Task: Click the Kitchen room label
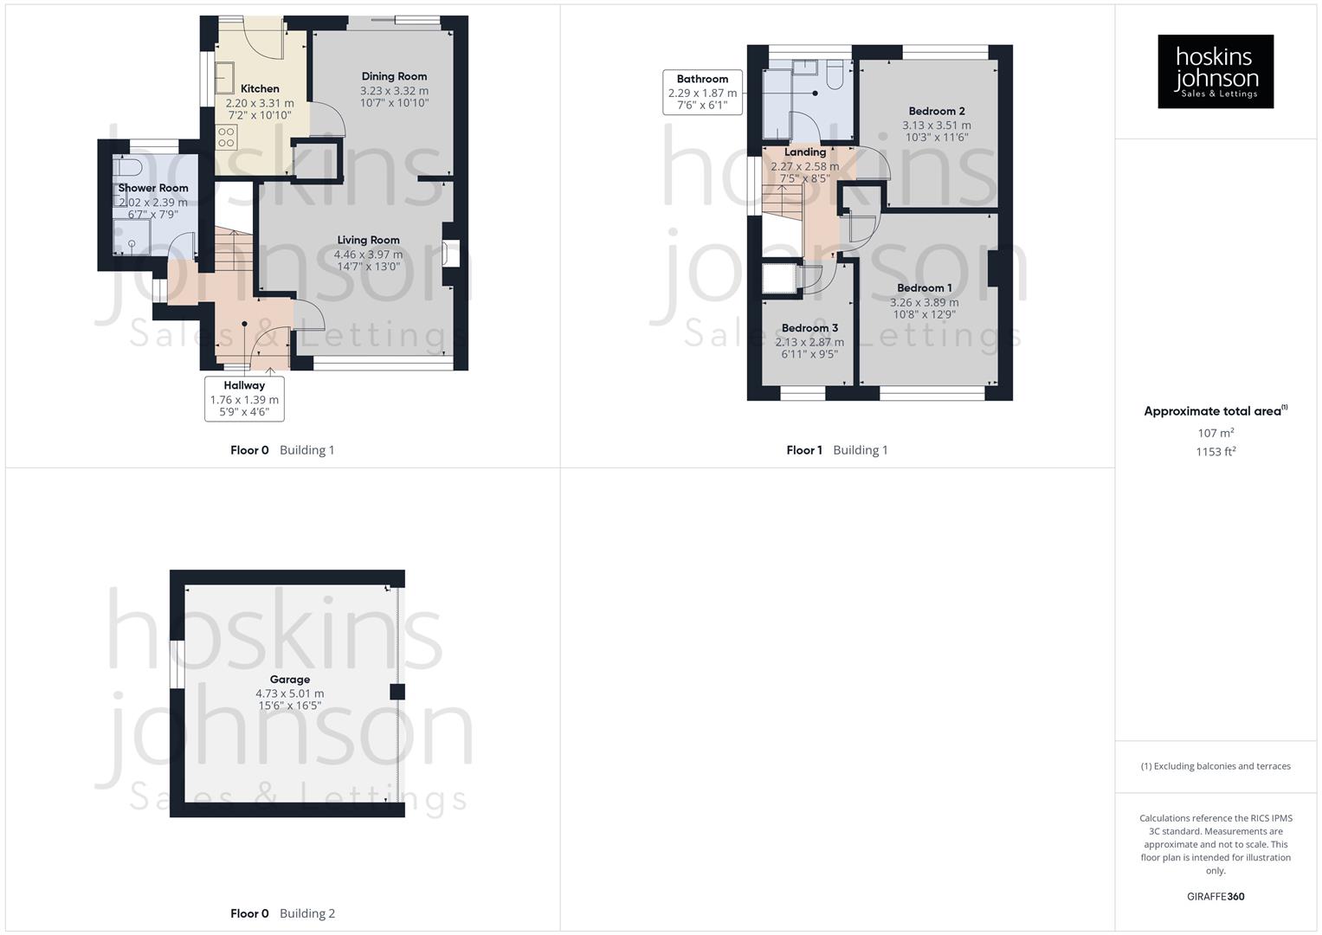point(260,88)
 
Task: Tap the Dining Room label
point(394,76)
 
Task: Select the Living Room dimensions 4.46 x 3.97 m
point(368,255)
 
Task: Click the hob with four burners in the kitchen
point(226,137)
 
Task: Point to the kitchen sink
point(224,79)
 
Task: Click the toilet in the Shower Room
point(127,167)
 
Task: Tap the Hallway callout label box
point(244,398)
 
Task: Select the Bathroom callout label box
point(702,92)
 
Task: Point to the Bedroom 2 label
point(937,111)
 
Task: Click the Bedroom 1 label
point(924,287)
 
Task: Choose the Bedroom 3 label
point(809,328)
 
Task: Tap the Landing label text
point(804,152)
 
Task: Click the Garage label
point(289,680)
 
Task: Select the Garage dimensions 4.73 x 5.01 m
point(289,693)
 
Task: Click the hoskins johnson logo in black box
point(1216,71)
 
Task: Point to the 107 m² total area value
point(1216,433)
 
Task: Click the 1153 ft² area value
point(1216,452)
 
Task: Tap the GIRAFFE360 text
point(1216,897)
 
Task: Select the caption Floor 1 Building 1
point(836,450)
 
